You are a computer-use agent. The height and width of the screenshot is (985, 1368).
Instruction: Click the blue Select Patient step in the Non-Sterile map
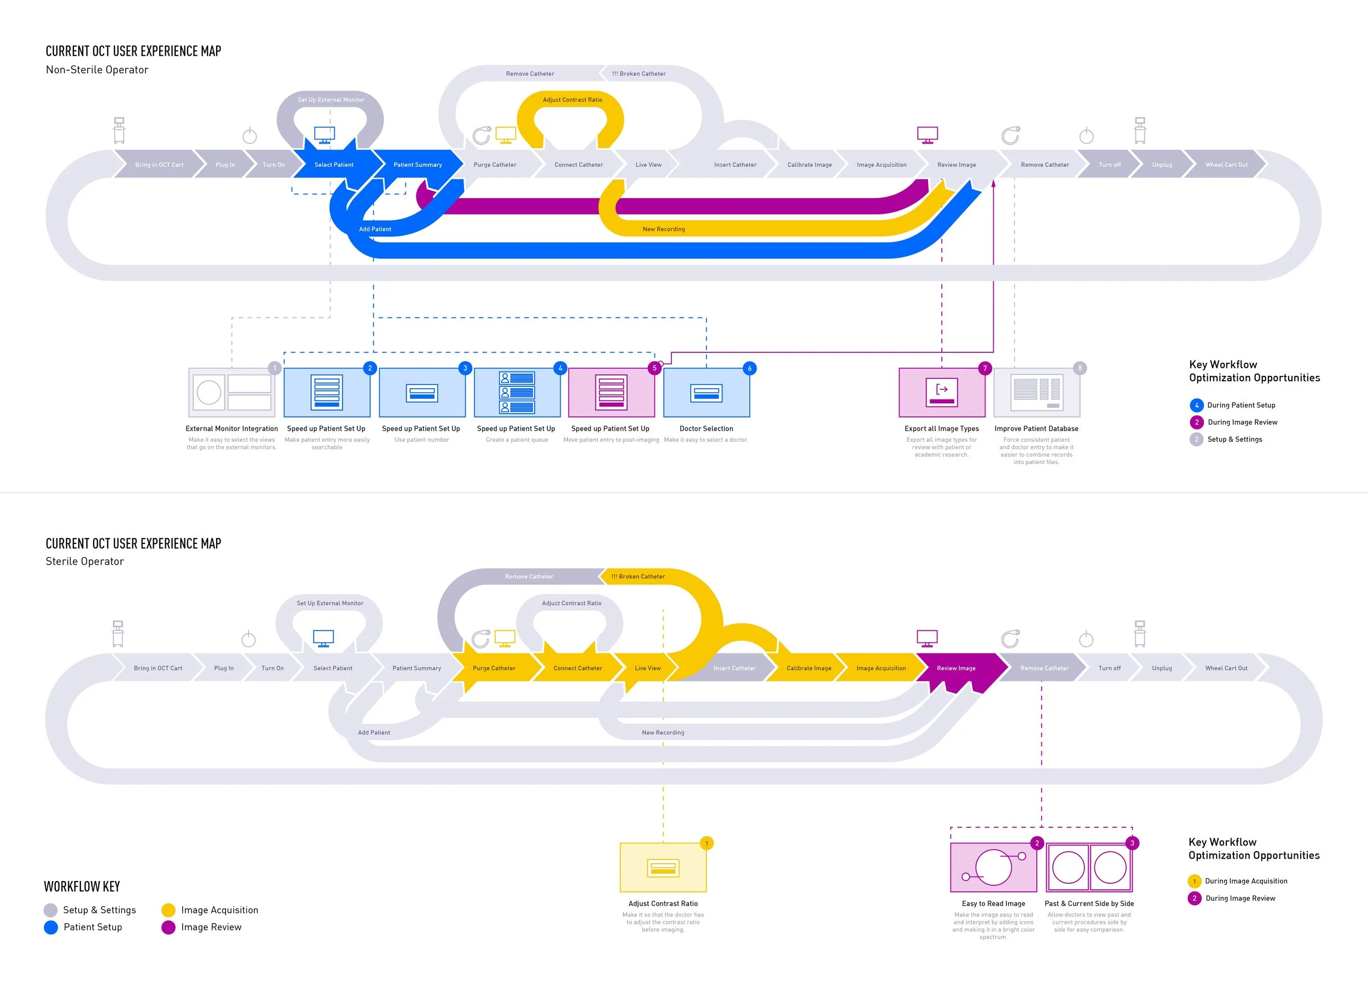334,165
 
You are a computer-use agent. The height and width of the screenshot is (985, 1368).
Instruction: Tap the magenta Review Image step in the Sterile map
956,668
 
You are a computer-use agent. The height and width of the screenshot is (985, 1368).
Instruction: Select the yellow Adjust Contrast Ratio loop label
572,100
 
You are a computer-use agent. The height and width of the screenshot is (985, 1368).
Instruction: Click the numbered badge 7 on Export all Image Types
985,368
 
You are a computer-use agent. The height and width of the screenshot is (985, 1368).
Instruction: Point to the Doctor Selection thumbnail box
706,393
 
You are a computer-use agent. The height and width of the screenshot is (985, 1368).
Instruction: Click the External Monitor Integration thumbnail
231,393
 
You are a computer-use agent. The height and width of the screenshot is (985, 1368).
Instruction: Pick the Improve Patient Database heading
1036,429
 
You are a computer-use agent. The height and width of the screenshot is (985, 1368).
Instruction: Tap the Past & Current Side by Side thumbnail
1089,868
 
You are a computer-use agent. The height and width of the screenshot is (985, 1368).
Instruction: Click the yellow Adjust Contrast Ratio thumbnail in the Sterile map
663,868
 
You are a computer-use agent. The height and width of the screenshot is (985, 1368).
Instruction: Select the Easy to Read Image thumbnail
993,868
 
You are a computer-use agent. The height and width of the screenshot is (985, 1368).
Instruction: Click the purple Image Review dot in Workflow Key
169,927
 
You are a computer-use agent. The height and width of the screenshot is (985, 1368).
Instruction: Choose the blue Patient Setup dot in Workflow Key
51,927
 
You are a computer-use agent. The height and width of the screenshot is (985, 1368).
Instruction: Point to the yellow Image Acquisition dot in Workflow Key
169,910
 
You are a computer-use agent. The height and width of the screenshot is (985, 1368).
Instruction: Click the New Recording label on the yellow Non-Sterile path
664,229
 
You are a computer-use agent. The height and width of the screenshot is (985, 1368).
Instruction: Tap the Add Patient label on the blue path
375,229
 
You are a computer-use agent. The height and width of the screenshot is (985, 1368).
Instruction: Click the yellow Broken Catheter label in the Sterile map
638,577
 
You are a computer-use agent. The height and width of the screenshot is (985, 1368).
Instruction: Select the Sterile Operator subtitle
85,561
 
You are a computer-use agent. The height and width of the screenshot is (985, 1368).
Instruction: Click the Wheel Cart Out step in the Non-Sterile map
1226,165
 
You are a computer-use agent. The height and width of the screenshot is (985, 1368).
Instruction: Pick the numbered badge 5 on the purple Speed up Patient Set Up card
654,368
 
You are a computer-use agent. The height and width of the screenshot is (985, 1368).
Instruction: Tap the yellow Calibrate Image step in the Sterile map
809,668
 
